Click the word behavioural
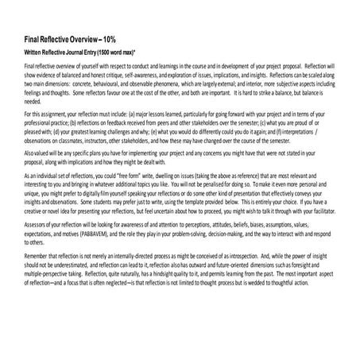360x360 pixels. pyautogui.click(x=114, y=80)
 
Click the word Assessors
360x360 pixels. pyautogui.click(x=38, y=223)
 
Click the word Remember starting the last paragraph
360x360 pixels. pyautogui.click(x=40, y=254)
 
